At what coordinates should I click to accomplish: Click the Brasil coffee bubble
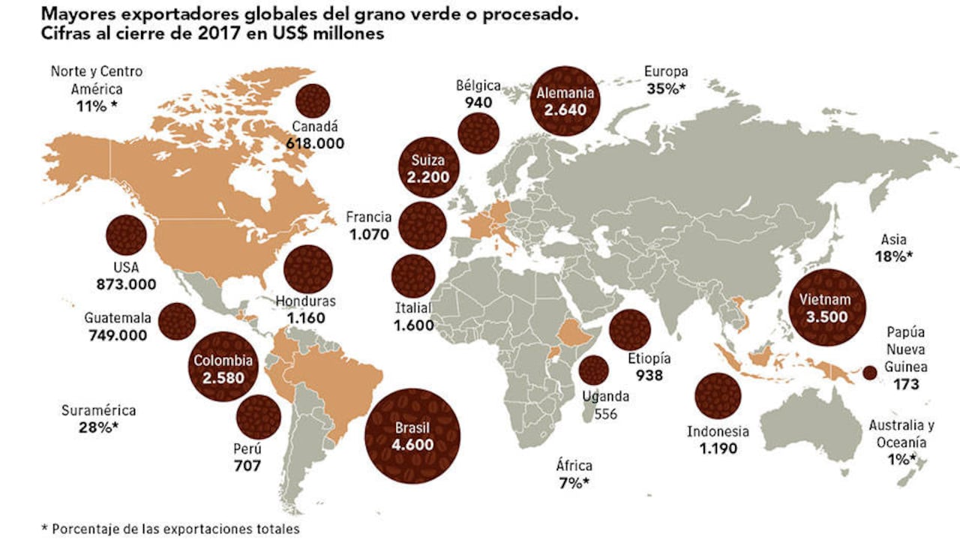(x=412, y=436)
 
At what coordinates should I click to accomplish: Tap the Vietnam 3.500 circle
(x=827, y=307)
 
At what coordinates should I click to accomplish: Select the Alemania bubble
(x=566, y=102)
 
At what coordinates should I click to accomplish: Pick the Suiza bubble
(x=427, y=169)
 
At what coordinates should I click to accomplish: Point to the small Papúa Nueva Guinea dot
(x=870, y=373)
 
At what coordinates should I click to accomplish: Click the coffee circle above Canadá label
(x=313, y=100)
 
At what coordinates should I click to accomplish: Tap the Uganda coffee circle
(x=593, y=370)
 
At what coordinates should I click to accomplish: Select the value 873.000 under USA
(x=126, y=284)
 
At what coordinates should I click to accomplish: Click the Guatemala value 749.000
(x=118, y=335)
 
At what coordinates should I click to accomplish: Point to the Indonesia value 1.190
(x=718, y=449)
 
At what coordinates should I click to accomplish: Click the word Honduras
(x=305, y=301)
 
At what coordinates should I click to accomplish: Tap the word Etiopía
(x=649, y=358)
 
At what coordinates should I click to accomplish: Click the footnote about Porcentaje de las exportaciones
(x=170, y=529)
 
